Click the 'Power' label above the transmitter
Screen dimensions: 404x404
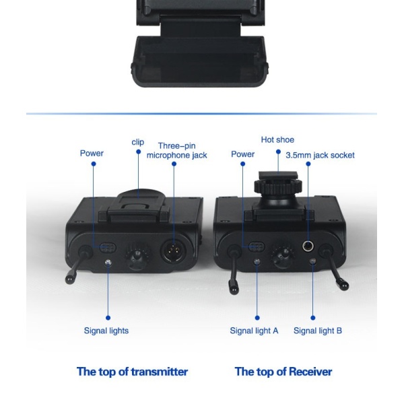pyautogui.click(x=92, y=154)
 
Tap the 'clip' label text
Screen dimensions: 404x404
pyautogui.click(x=138, y=142)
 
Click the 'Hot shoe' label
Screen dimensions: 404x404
pyautogui.click(x=277, y=140)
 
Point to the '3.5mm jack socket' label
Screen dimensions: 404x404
pyautogui.click(x=320, y=155)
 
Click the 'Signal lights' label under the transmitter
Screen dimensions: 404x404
pyautogui.click(x=106, y=331)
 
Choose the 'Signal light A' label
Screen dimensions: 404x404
pyautogui.click(x=254, y=331)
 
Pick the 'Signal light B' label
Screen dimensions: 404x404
pyautogui.click(x=318, y=331)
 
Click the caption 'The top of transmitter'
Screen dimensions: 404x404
pyautogui.click(x=132, y=371)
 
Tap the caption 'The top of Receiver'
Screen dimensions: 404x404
pyautogui.click(x=283, y=371)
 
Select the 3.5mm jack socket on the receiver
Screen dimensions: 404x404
pyautogui.click(x=309, y=246)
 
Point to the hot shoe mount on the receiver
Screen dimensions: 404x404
pyautogui.click(x=277, y=188)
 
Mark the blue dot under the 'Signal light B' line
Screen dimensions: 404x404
pyautogui.click(x=313, y=317)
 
